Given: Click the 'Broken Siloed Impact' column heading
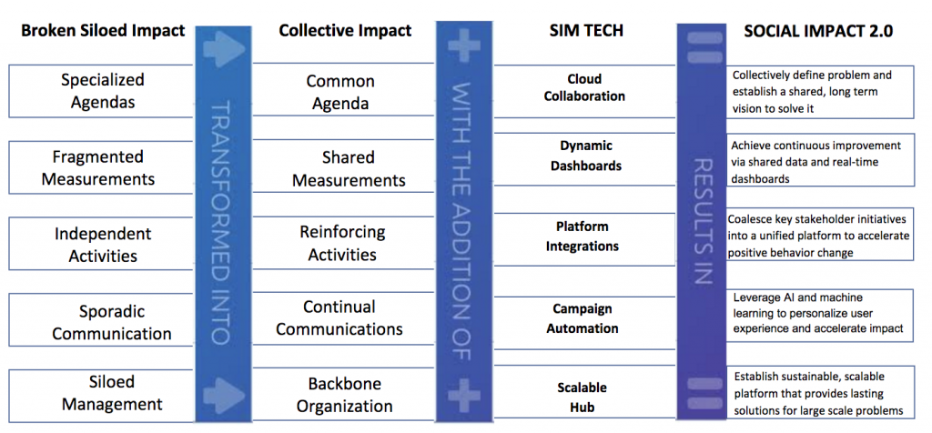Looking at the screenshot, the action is click(x=103, y=31).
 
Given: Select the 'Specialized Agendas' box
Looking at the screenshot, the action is click(x=102, y=91).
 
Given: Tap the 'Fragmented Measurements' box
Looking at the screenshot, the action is click(x=102, y=167).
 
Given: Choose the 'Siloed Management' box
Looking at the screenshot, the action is click(x=102, y=396).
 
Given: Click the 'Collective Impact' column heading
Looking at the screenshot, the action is click(x=345, y=31).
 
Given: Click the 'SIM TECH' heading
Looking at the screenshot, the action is click(x=585, y=31).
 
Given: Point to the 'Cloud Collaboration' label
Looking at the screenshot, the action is click(x=584, y=87).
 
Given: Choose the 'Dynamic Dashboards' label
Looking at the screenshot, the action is click(x=585, y=156).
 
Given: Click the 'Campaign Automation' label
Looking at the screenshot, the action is click(x=582, y=318).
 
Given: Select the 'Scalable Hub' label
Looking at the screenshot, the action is click(x=582, y=398).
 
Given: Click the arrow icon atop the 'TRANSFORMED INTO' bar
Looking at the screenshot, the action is click(x=224, y=50).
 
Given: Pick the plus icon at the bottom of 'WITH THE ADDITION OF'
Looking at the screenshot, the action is click(x=463, y=397).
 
